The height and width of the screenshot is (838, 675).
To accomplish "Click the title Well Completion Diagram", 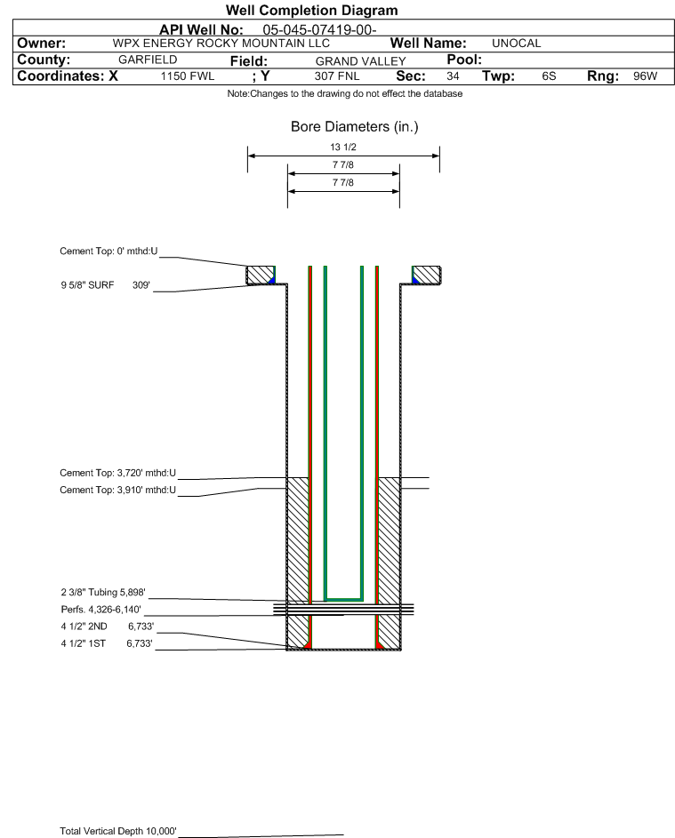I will coord(311,11).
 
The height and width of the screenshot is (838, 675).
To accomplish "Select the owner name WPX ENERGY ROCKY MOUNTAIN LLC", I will coord(221,44).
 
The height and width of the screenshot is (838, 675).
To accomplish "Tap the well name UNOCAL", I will coord(516,44).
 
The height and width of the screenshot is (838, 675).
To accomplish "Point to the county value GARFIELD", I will coord(148,60).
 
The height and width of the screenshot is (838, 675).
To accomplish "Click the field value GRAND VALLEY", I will coord(360,60).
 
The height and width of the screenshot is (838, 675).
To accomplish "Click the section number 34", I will coord(453,76).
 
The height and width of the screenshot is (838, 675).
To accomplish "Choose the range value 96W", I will coord(645,76).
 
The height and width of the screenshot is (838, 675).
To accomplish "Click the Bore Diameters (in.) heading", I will coord(354,127).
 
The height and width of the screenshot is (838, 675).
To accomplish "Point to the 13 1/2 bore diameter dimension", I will coord(343,147).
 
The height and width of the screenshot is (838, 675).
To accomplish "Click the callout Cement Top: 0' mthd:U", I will coord(108,251).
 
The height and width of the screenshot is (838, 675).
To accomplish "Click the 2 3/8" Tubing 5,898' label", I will coord(102,591).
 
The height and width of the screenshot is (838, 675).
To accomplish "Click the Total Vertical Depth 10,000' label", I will coord(118,831).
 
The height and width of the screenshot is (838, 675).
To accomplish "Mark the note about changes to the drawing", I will coord(344,94).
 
